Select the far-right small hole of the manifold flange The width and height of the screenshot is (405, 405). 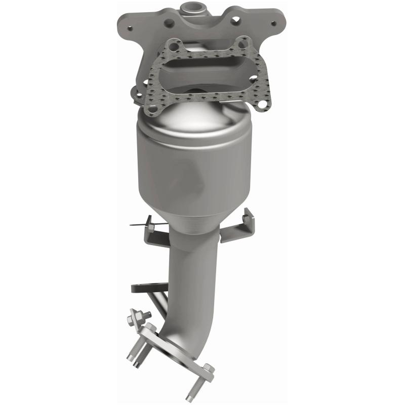(274, 23)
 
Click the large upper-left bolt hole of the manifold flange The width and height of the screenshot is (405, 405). (169, 22)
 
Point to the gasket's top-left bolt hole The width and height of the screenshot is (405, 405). (174, 47)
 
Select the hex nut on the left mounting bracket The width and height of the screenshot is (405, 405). (148, 221)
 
